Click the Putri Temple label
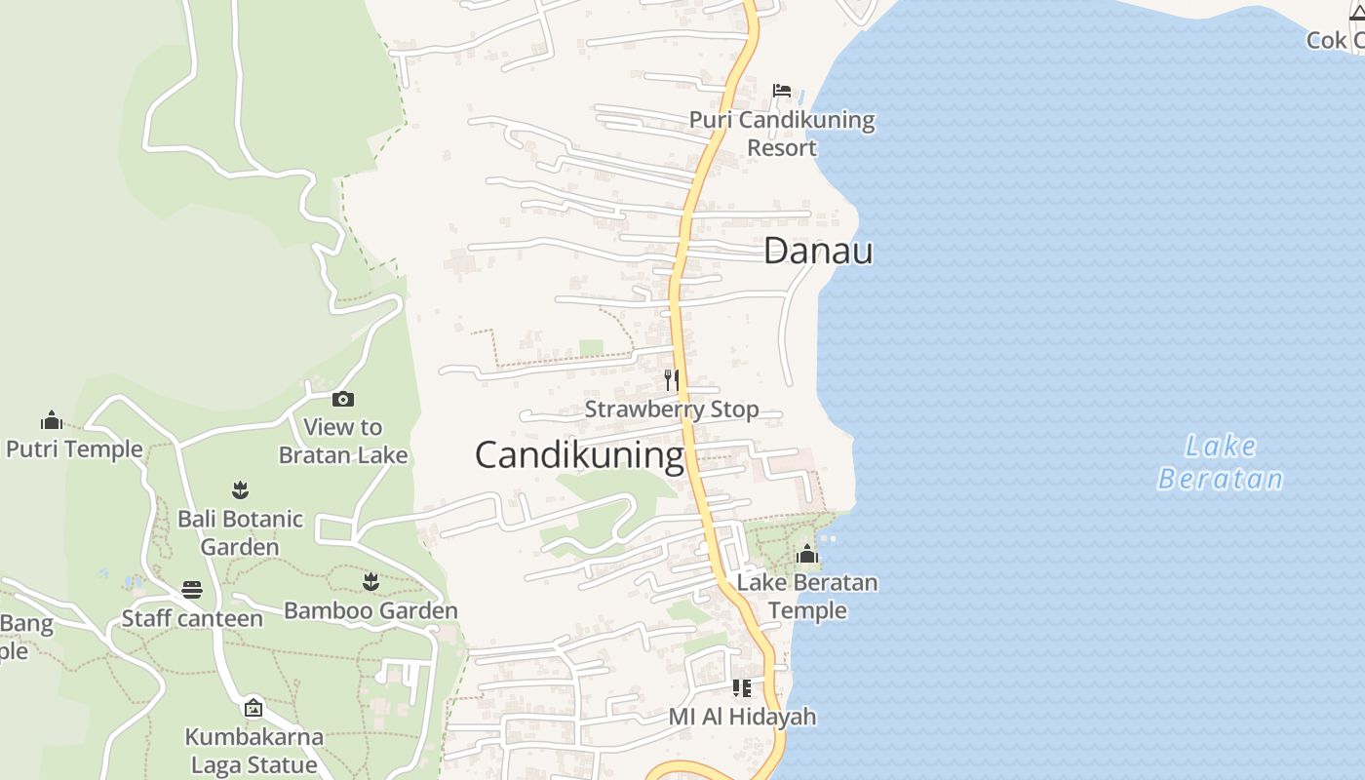(x=74, y=449)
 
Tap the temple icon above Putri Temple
(x=52, y=420)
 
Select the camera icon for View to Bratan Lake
(x=342, y=399)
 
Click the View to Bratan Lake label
(x=343, y=441)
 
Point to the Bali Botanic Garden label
(x=240, y=532)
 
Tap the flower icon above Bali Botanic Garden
(x=240, y=489)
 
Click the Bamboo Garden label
(x=370, y=611)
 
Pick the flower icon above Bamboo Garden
(x=370, y=582)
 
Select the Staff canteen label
(x=192, y=618)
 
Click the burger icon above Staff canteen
(x=191, y=590)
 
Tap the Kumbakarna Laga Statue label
(x=253, y=750)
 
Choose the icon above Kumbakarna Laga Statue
(x=253, y=707)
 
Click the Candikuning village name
(x=579, y=455)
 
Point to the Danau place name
(x=818, y=251)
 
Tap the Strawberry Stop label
(x=672, y=409)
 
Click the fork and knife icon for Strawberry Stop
(x=671, y=379)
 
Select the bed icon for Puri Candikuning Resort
(x=781, y=91)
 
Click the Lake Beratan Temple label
(x=807, y=597)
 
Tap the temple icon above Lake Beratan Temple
(x=806, y=555)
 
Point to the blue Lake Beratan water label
(x=1221, y=462)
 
